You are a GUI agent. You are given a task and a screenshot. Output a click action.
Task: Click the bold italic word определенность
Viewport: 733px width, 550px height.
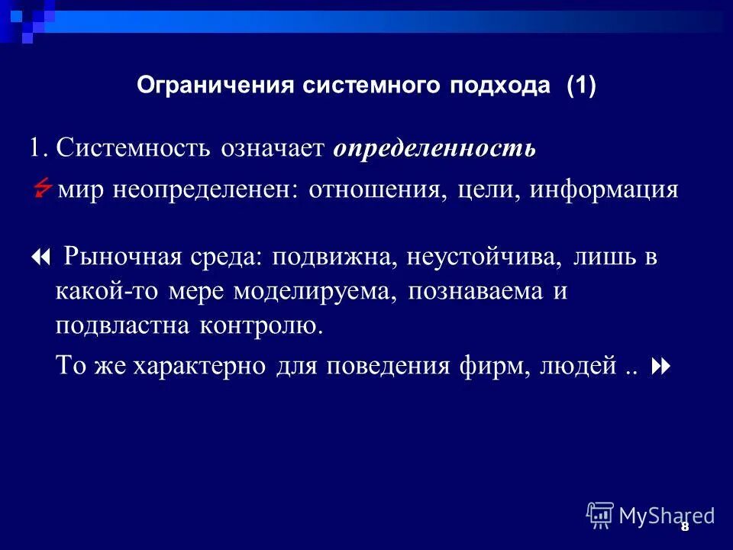(434, 148)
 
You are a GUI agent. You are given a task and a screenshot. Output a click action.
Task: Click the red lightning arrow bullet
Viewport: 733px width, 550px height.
(44, 188)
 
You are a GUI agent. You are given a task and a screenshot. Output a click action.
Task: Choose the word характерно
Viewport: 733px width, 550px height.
(201, 366)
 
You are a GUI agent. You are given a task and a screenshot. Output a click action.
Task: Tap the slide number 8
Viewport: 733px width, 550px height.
(684, 527)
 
